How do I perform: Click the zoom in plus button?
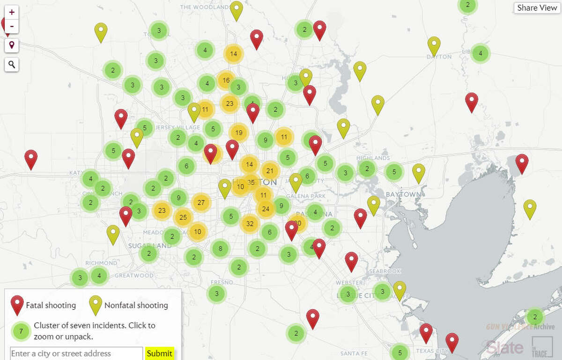pyautogui.click(x=12, y=12)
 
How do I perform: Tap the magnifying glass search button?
pyautogui.click(x=12, y=65)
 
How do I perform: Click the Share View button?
pyautogui.click(x=537, y=8)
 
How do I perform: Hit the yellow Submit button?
pyautogui.click(x=159, y=353)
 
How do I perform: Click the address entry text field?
pyautogui.click(x=76, y=353)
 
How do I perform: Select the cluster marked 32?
pyautogui.click(x=250, y=224)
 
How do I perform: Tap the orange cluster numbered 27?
pyautogui.click(x=201, y=203)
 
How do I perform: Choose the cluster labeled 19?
pyautogui.click(x=239, y=133)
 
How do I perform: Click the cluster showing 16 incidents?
pyautogui.click(x=226, y=81)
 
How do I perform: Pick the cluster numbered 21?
pyautogui.click(x=270, y=171)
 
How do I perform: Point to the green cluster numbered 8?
pyautogui.click(x=220, y=249)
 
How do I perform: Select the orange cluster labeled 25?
pyautogui.click(x=183, y=217)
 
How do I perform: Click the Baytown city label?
pyautogui.click(x=403, y=194)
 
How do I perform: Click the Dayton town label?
pyautogui.click(x=439, y=57)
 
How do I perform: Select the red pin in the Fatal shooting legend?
pyautogui.click(x=17, y=305)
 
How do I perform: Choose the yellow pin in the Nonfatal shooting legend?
pyautogui.click(x=96, y=305)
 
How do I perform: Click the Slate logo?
pyautogui.click(x=504, y=347)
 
